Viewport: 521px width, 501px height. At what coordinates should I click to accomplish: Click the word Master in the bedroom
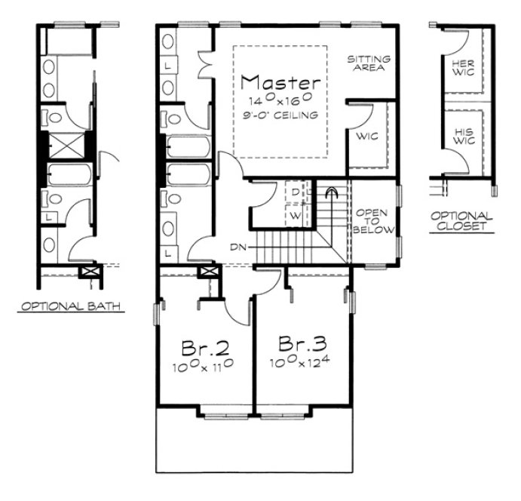pyautogui.click(x=280, y=81)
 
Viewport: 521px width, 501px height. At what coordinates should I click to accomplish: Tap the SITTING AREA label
pyautogui.click(x=367, y=62)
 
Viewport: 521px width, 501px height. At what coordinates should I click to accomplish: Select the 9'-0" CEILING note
pyautogui.click(x=280, y=114)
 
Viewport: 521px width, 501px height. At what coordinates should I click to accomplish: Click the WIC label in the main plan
pyautogui.click(x=365, y=137)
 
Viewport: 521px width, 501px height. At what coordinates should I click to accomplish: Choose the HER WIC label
pyautogui.click(x=463, y=69)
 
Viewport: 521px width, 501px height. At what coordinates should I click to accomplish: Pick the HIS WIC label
pyautogui.click(x=463, y=136)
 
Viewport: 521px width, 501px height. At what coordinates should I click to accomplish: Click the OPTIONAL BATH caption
pyautogui.click(x=72, y=306)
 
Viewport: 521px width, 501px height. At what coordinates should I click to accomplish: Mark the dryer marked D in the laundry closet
pyautogui.click(x=296, y=193)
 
